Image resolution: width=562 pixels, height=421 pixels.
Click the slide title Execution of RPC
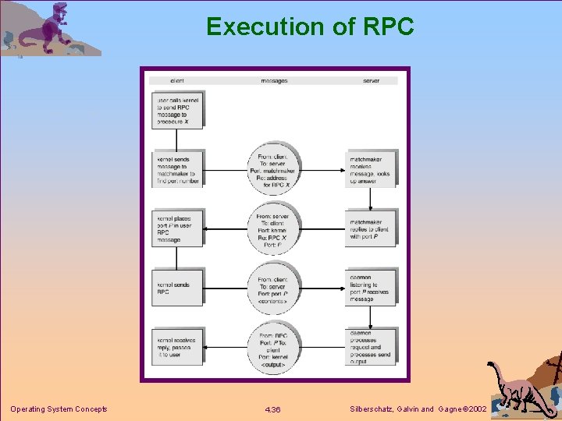pos(310,27)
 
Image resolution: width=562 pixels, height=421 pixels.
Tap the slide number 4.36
pos(273,409)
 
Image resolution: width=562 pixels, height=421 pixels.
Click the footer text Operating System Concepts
pos(59,409)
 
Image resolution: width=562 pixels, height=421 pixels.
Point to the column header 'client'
pos(176,80)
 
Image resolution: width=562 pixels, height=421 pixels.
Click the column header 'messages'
pos(273,80)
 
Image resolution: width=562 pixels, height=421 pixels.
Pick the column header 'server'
pos(372,80)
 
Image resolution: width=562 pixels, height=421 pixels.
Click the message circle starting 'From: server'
pos(273,228)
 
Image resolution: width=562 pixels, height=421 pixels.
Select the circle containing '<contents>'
pos(273,288)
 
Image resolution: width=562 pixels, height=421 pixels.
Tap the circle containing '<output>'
pos(273,348)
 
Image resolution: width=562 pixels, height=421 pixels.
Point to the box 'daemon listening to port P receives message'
pos(371,287)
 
